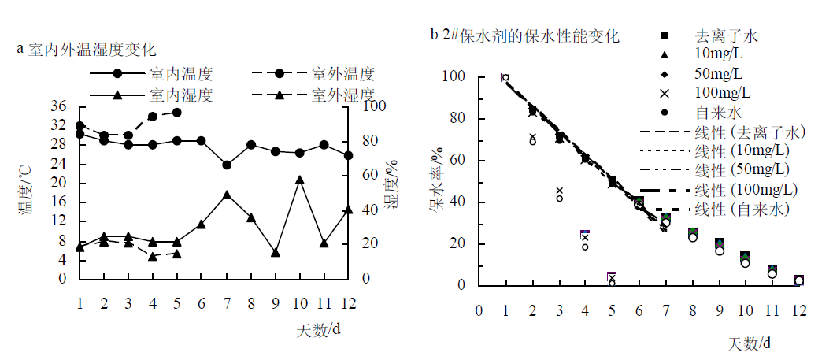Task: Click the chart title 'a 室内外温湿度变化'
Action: (87, 49)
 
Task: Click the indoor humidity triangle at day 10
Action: (299, 180)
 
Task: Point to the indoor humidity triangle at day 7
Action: (227, 195)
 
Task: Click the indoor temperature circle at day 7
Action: (227, 165)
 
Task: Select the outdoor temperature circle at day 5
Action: (177, 113)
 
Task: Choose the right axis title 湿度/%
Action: (390, 189)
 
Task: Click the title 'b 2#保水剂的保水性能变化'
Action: (524, 35)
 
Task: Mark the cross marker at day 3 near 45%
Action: (560, 191)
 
